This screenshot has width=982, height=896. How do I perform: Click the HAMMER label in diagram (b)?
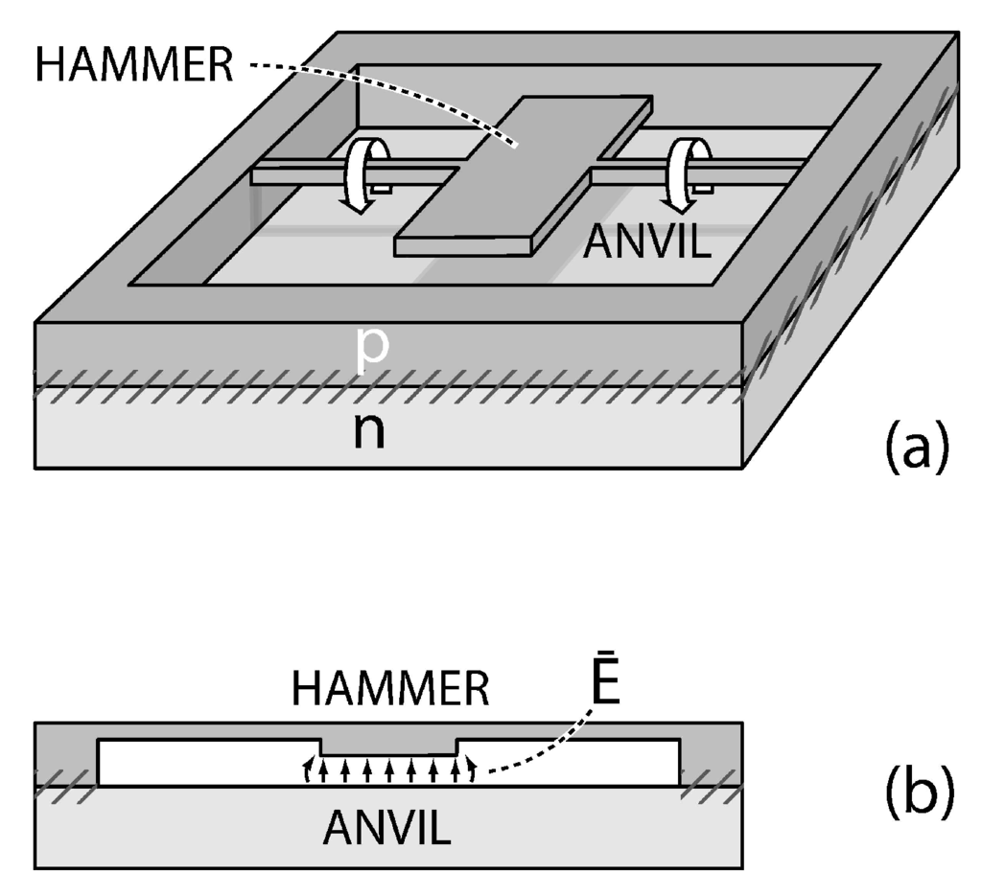(390, 688)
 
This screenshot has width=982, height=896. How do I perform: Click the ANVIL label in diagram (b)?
(387, 827)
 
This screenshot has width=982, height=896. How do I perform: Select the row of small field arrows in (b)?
(388, 770)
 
